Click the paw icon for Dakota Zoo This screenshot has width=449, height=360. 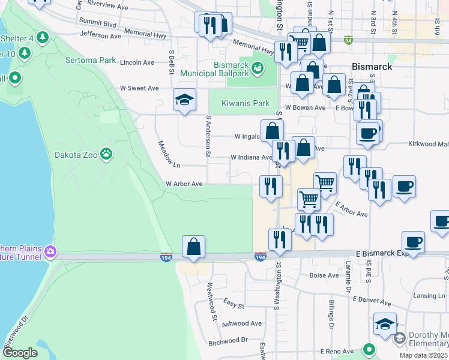click(x=106, y=154)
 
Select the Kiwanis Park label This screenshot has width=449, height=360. click(x=246, y=103)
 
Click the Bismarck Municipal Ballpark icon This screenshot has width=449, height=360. click(x=258, y=69)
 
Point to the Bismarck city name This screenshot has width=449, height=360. click(x=372, y=66)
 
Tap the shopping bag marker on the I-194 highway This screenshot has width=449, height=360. click(x=193, y=247)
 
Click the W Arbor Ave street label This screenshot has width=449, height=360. click(x=184, y=184)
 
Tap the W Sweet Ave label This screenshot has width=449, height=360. click(x=139, y=88)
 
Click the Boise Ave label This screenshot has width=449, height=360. click(x=324, y=275)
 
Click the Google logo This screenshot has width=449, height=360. click(x=20, y=353)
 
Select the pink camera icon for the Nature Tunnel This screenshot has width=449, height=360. click(x=51, y=252)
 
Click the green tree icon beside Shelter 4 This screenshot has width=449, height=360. click(x=42, y=38)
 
